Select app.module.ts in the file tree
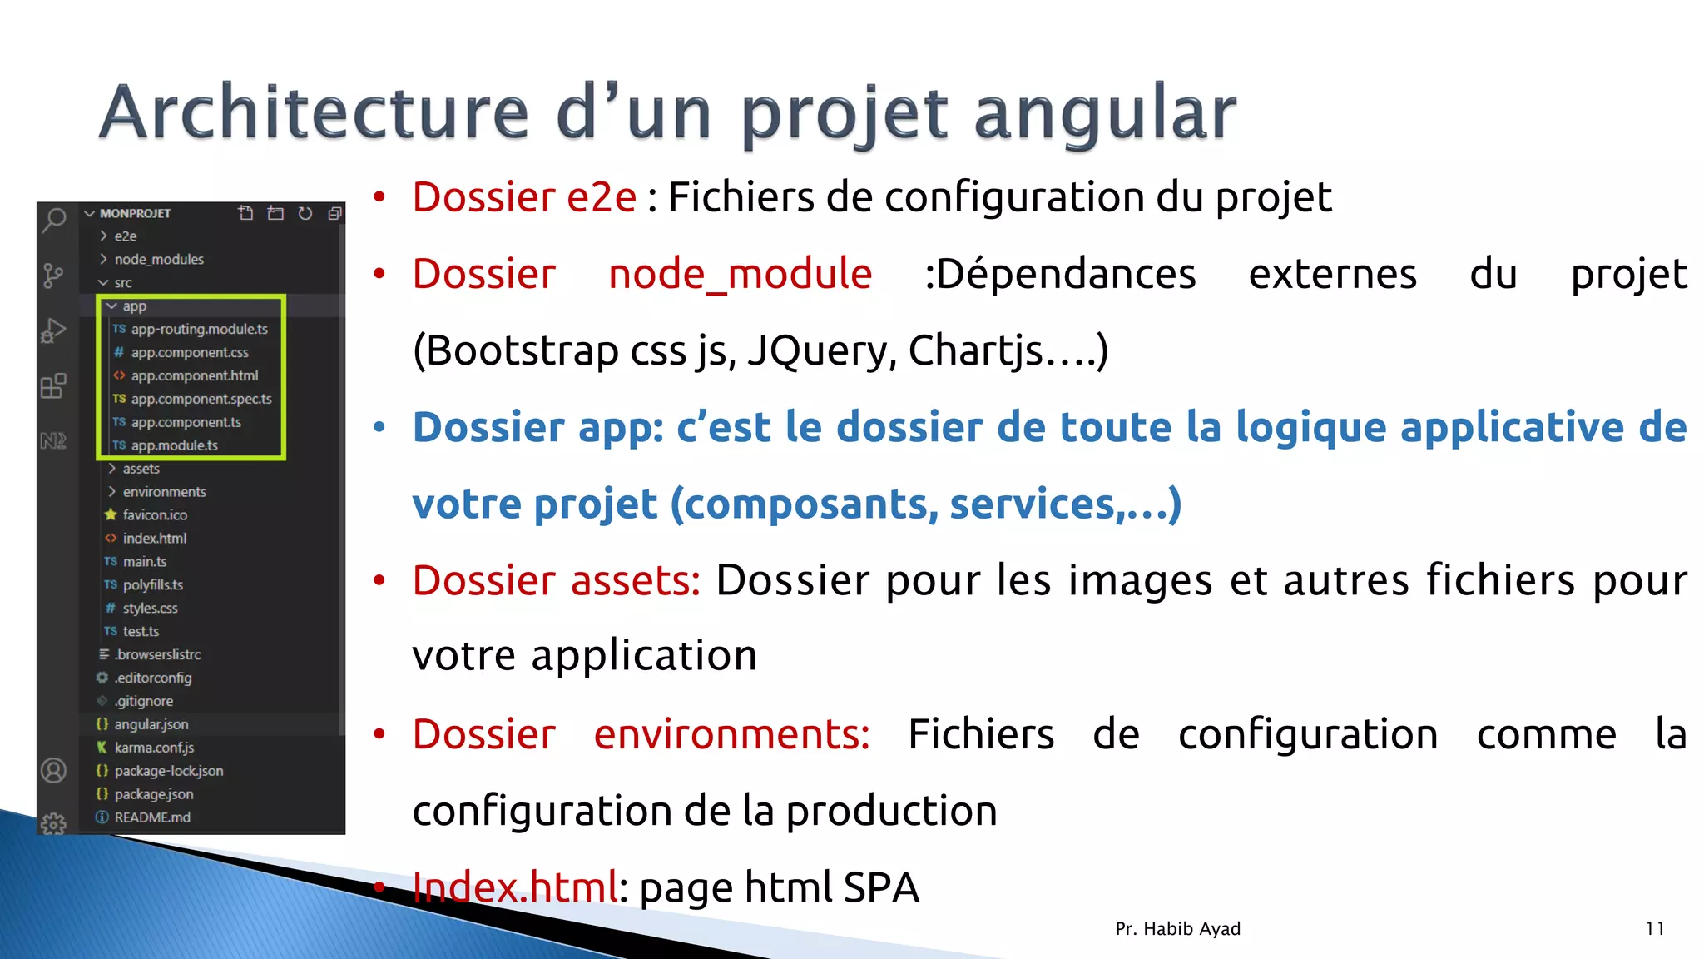tap(174, 445)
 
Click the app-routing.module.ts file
tap(199, 329)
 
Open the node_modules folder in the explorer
tap(158, 259)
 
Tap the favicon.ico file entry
tap(155, 515)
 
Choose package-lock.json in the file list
tap(168, 771)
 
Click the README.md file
tap(152, 817)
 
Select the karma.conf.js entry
tap(154, 748)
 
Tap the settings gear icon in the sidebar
tap(53, 824)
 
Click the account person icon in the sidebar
tap(53, 771)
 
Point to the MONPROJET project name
tap(135, 213)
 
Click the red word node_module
tap(740, 275)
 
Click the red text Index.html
tap(515, 887)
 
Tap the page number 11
tap(1655, 929)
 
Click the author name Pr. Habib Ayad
tap(1177, 929)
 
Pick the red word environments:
tap(731, 734)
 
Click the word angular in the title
tap(1105, 113)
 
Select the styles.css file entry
tap(150, 609)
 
